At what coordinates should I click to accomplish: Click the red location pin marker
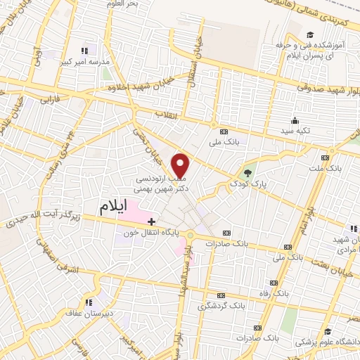tap(181, 166)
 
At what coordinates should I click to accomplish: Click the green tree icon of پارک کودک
tap(246, 173)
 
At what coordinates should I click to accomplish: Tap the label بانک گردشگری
tap(220, 306)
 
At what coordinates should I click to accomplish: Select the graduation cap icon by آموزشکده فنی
tap(310, 34)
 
